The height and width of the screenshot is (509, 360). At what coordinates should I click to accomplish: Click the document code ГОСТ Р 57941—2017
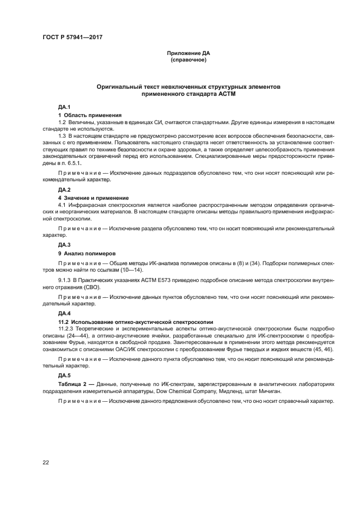coord(72,38)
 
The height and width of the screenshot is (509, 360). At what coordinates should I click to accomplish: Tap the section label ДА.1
coord(64,106)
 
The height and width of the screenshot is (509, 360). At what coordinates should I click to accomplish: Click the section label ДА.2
coord(64,189)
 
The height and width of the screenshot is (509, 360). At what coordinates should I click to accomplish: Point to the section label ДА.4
coord(64,314)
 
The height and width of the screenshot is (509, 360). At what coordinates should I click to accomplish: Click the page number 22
coord(46,462)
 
